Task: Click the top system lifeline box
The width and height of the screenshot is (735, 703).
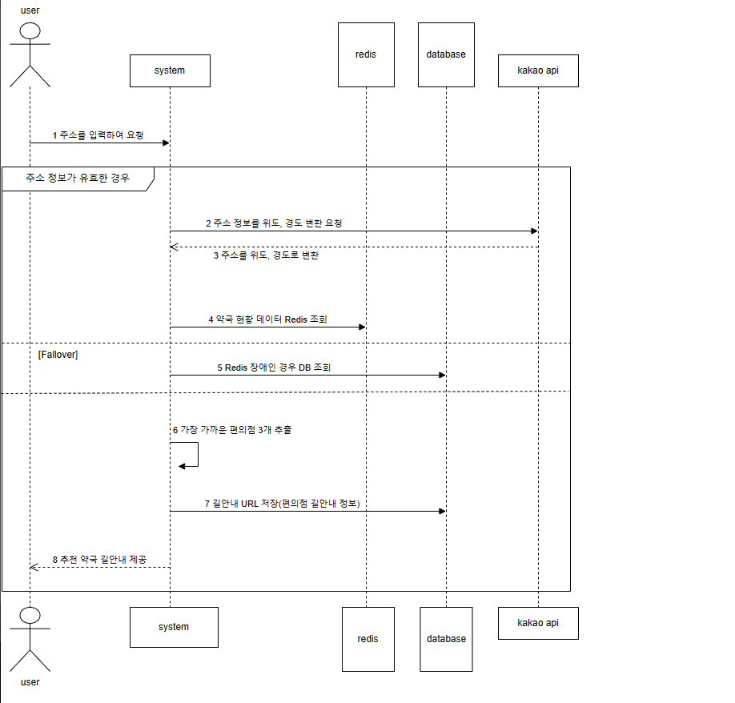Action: coord(170,70)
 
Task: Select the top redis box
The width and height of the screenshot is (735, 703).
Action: coord(366,54)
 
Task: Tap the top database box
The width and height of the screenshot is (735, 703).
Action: coord(446,54)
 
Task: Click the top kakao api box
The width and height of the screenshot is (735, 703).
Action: coord(538,70)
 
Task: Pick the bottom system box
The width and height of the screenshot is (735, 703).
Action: coord(174,627)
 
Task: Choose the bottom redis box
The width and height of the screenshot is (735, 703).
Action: coord(368,639)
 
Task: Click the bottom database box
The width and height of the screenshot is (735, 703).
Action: coord(446,639)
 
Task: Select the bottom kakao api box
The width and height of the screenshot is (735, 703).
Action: coord(538,623)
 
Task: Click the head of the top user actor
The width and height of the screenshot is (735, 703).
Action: coord(30,31)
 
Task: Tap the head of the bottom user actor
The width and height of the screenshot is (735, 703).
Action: coord(30,616)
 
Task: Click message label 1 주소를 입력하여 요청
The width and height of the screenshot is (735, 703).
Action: coord(98,135)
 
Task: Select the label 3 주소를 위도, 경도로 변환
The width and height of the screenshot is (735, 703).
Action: coord(266,255)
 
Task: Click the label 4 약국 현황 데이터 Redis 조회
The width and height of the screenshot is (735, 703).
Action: coord(267,319)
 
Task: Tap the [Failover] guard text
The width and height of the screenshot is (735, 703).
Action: coord(58,354)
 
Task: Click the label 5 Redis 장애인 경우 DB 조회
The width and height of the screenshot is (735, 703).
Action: coord(274,368)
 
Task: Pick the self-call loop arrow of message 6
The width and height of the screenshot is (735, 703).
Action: coord(192,456)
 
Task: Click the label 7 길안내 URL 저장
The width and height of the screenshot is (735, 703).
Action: coord(282,504)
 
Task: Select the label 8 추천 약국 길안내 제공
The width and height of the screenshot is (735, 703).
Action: coord(99,559)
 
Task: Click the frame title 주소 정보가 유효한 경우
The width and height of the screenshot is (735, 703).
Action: coord(77,178)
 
